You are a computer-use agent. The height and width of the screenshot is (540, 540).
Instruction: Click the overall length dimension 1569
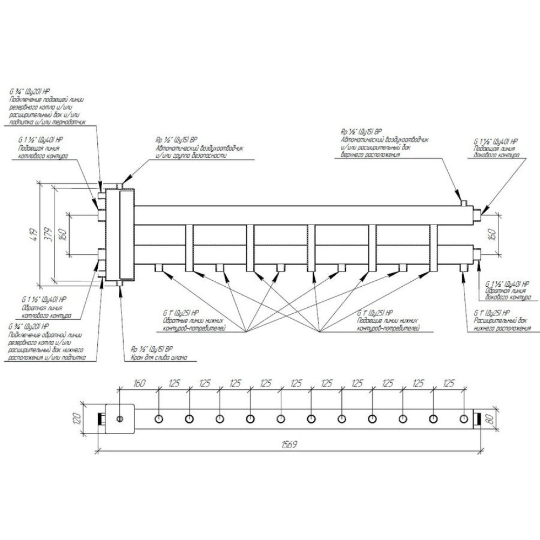[290, 444]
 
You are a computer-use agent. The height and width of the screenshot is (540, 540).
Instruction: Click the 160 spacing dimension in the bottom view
[139, 384]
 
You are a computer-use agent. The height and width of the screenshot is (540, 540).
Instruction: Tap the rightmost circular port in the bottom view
[463, 419]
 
